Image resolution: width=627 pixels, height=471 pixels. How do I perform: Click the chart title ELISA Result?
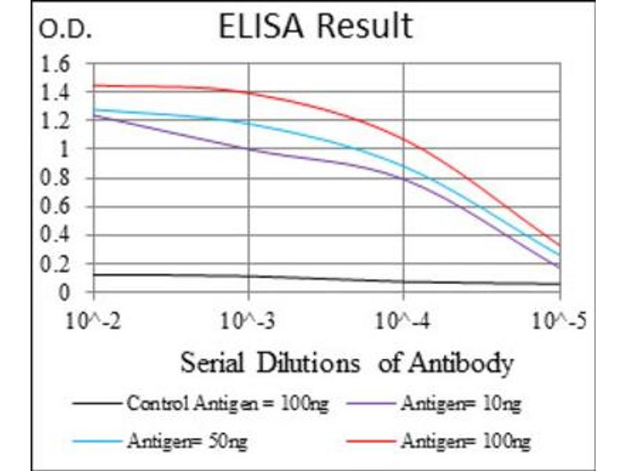pyautogui.click(x=316, y=27)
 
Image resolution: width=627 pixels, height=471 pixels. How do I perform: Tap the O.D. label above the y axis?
pyautogui.click(x=67, y=32)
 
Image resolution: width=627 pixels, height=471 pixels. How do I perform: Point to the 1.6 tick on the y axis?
pyautogui.click(x=55, y=64)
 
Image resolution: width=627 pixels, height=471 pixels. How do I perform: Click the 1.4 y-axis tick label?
pyautogui.click(x=55, y=93)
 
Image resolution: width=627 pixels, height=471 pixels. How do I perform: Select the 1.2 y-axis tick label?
pyautogui.click(x=55, y=121)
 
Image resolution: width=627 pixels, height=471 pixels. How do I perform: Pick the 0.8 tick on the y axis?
pyautogui.click(x=55, y=178)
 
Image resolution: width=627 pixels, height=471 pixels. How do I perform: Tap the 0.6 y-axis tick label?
pyautogui.click(x=55, y=207)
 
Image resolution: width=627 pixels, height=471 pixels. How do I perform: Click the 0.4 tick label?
pyautogui.click(x=55, y=235)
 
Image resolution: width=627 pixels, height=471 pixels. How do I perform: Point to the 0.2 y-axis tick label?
pyautogui.click(x=55, y=265)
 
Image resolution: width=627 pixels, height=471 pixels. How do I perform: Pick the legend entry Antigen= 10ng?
pyautogui.click(x=458, y=405)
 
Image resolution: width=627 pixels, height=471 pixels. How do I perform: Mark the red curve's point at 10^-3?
pyautogui.click(x=248, y=93)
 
